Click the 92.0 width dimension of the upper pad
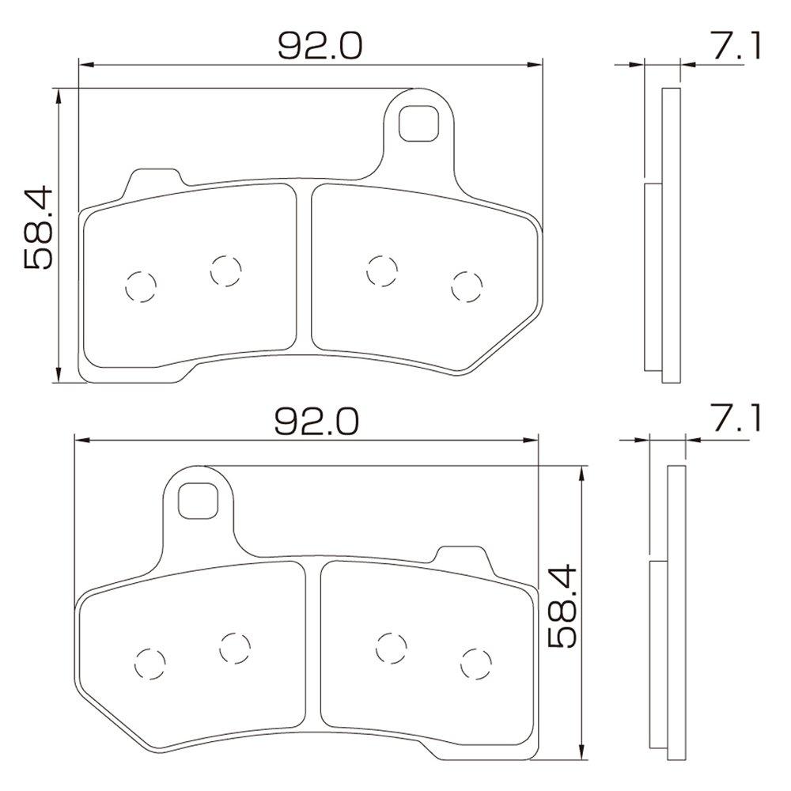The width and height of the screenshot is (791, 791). tap(320, 46)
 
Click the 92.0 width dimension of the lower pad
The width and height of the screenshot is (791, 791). tap(316, 422)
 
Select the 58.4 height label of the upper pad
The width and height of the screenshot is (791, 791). tap(38, 227)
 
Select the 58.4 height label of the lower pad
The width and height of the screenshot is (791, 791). tap(562, 605)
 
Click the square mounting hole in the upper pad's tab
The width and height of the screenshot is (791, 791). tap(418, 123)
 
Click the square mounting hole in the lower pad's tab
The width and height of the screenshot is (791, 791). tap(199, 501)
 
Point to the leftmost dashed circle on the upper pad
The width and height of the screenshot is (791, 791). tap(141, 286)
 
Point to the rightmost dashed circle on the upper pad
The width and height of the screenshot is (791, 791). tap(467, 286)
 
